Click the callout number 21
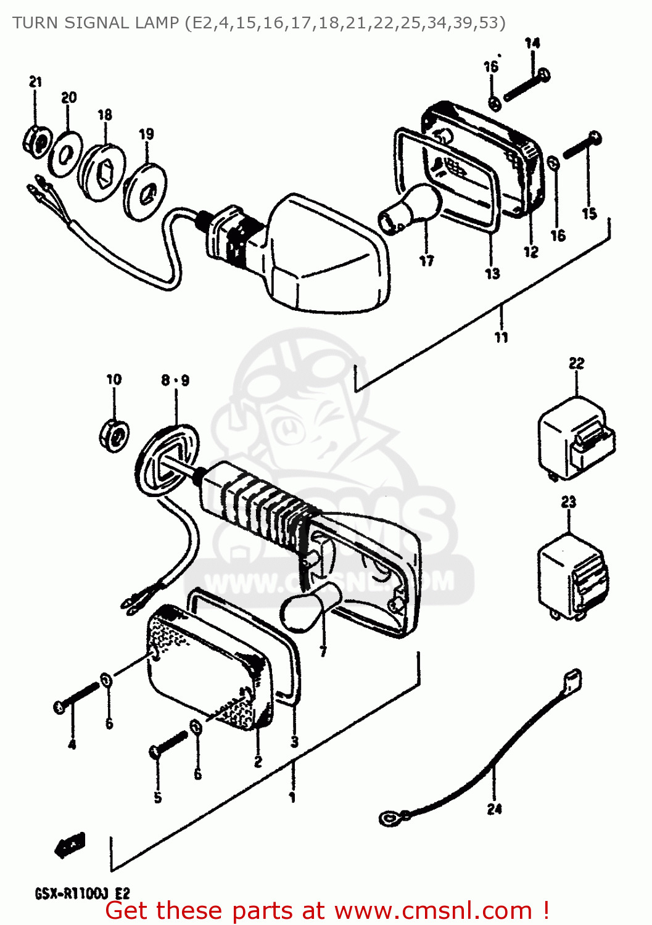[35, 81]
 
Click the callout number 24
[494, 809]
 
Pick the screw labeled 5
[168, 744]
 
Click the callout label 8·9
[175, 380]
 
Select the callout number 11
[501, 337]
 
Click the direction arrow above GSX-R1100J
[70, 844]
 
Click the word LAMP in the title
[149, 23]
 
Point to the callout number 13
[492, 273]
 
